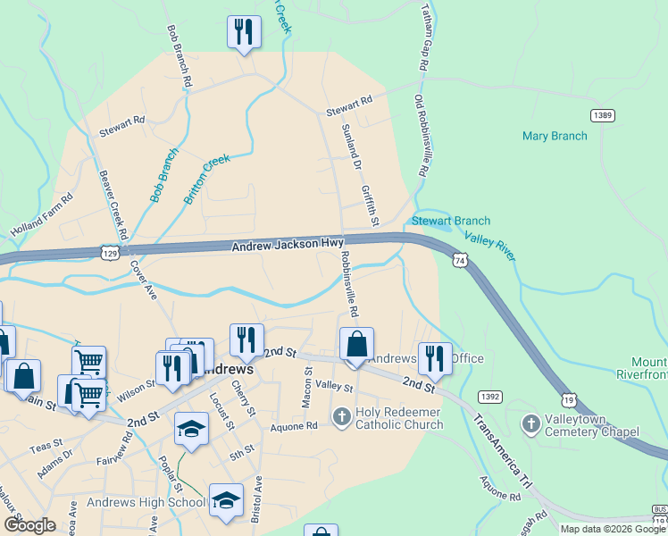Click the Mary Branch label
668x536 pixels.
click(555, 136)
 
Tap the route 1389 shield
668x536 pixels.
click(603, 115)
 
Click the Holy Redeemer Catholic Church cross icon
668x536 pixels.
click(341, 416)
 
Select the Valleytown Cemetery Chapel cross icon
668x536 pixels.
click(530, 423)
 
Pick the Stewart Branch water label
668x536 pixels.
click(450, 221)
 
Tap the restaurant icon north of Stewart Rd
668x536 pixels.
click(242, 32)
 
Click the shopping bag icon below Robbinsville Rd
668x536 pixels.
click(355, 344)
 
